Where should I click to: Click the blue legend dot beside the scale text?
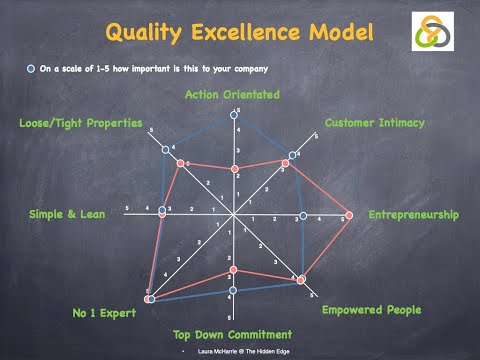(31, 70)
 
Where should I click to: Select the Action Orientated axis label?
(232, 95)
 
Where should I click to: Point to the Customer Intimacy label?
(375, 123)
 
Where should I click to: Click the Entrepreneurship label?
(413, 215)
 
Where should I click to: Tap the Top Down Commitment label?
(232, 334)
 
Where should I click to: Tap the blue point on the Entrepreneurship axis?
(303, 216)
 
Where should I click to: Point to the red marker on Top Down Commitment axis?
(232, 270)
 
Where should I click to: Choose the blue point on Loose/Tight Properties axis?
(166, 150)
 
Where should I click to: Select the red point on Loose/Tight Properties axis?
(178, 163)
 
